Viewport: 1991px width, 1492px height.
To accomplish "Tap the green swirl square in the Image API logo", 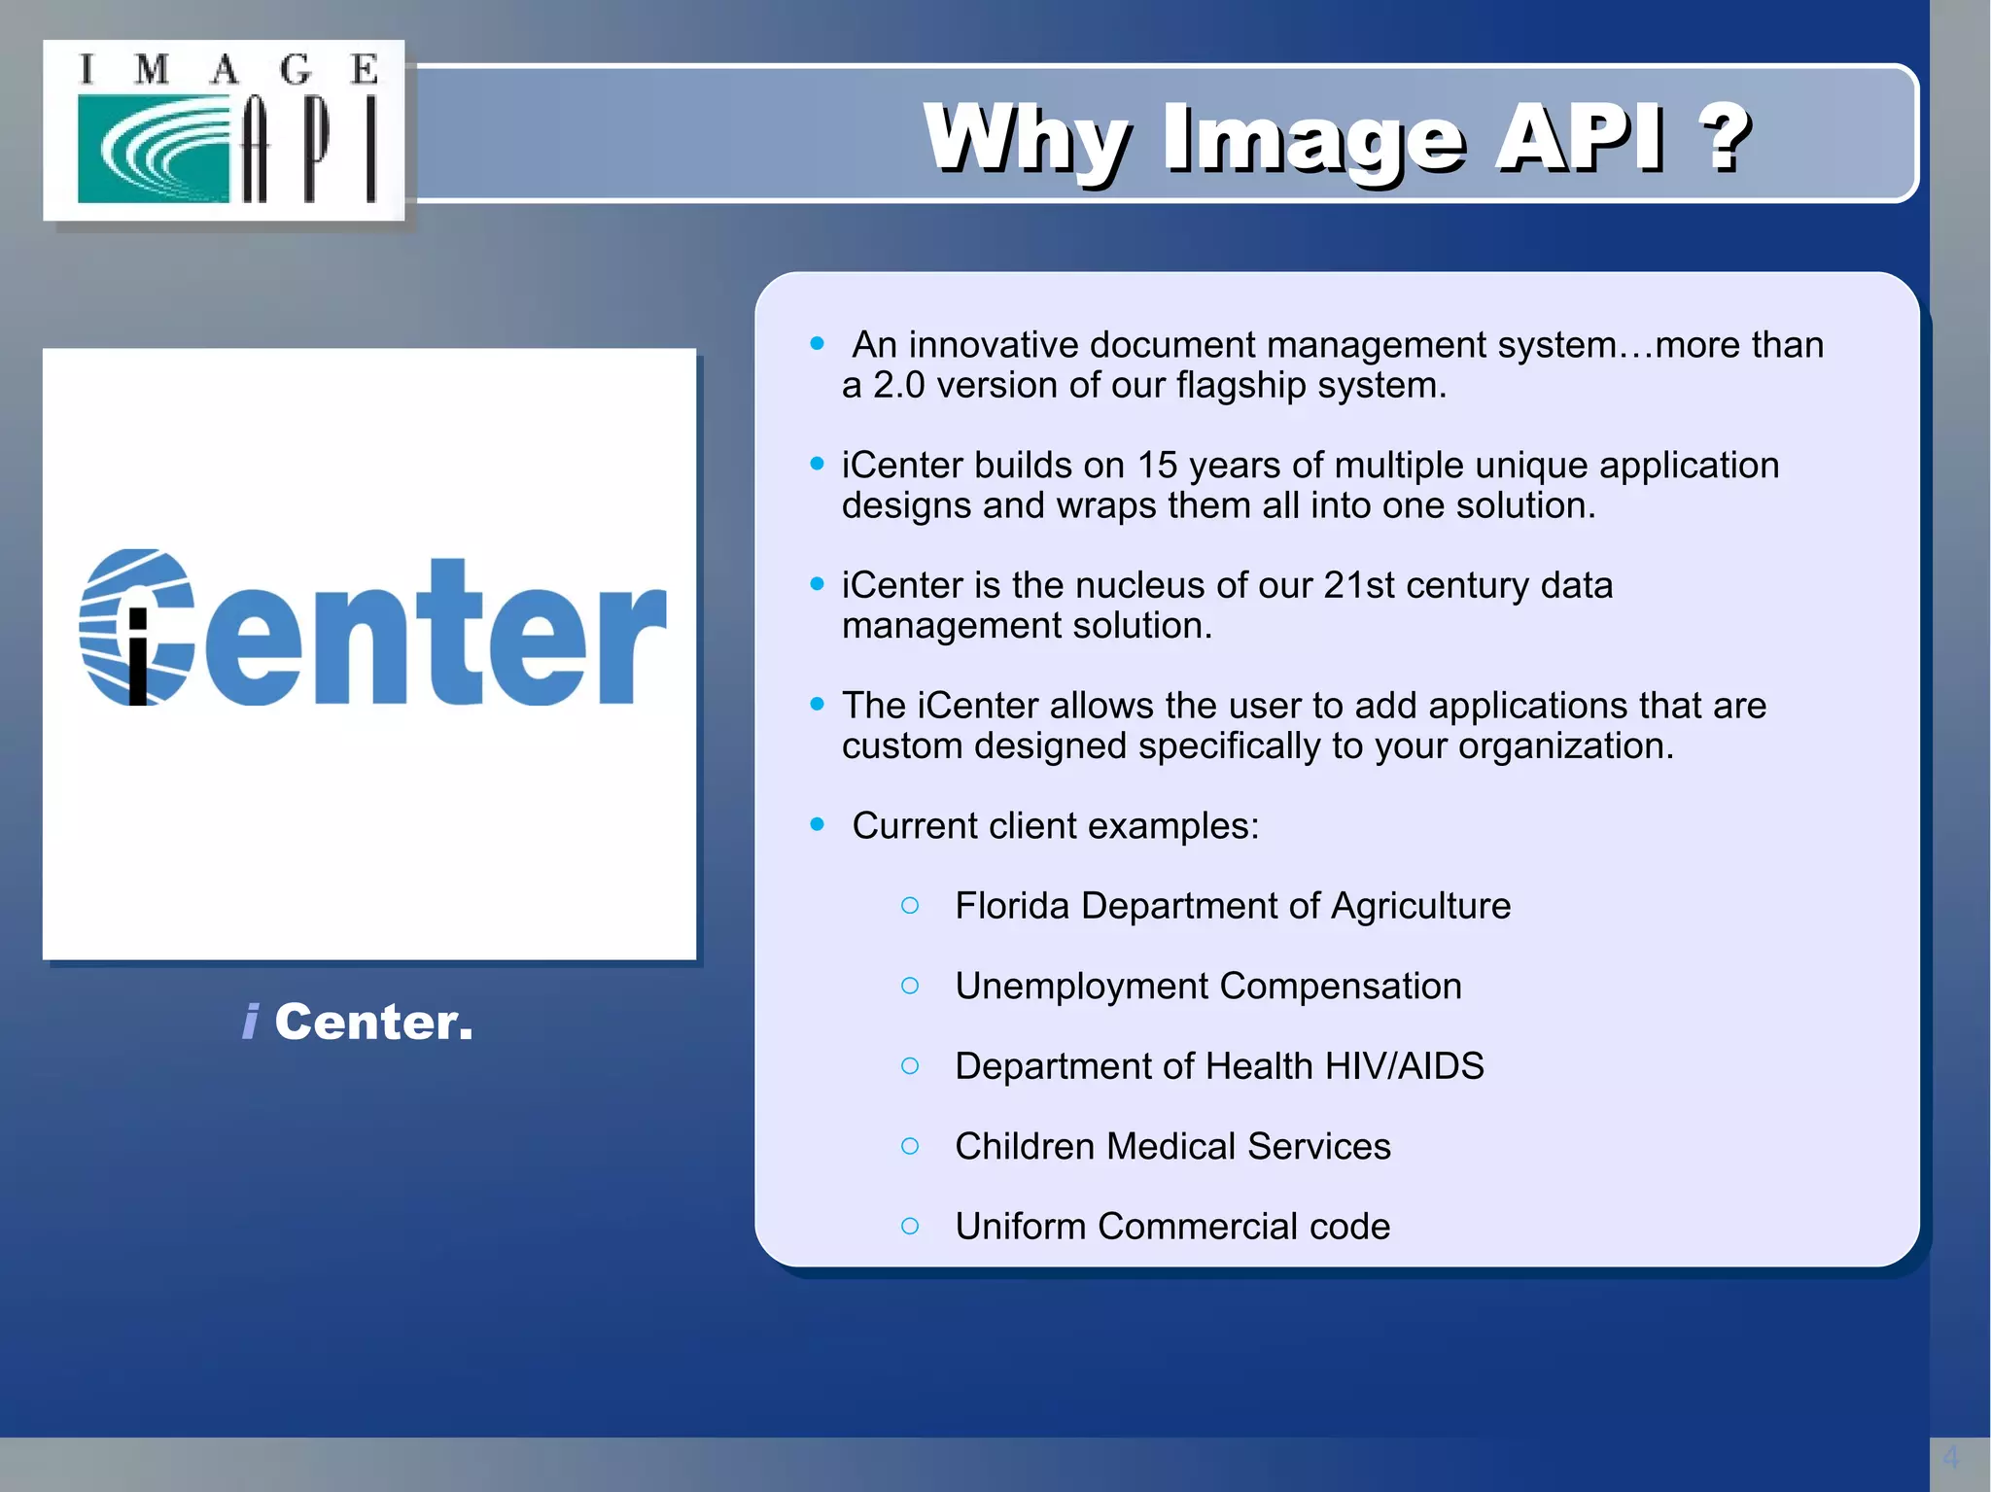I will pos(153,149).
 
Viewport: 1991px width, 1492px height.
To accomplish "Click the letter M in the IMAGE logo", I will pos(152,70).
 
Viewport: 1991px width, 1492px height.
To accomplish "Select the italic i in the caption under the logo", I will pos(251,1022).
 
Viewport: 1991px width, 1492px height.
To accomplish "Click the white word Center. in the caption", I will pos(373,1022).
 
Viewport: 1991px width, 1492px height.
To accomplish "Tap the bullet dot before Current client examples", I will pos(817,825).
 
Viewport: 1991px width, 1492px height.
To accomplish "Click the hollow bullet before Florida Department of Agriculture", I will pos(910,906).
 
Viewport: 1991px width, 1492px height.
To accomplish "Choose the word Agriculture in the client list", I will pos(1420,906).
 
